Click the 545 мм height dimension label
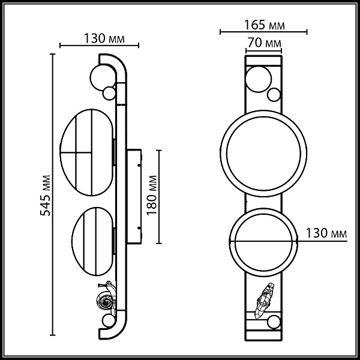[x=45, y=196]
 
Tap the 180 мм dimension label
[x=152, y=196]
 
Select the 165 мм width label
[x=264, y=25]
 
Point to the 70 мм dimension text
[x=264, y=43]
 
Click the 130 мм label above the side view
[x=104, y=38]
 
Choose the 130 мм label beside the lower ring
[x=326, y=233]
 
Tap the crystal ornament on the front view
[x=265, y=301]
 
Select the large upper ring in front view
[x=220, y=154]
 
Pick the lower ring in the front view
[x=230, y=242]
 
